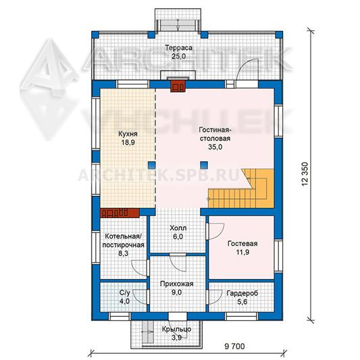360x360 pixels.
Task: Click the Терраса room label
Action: click(x=178, y=48)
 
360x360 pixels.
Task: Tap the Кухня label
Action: click(x=128, y=134)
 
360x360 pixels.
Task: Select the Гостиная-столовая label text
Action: click(x=215, y=134)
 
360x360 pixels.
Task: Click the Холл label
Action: click(x=178, y=228)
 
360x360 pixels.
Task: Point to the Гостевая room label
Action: click(x=242, y=243)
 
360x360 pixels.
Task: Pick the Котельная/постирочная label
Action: click(x=124, y=240)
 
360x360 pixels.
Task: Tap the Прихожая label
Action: click(x=176, y=284)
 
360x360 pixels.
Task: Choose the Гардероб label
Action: click(x=242, y=293)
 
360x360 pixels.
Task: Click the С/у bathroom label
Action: click(x=125, y=292)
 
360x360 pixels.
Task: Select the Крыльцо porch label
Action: click(x=176, y=329)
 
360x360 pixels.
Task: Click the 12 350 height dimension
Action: click(x=305, y=174)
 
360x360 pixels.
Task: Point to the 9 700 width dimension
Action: click(x=234, y=346)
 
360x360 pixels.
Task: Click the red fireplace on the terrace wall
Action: click(x=178, y=86)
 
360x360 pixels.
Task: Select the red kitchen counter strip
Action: click(x=120, y=213)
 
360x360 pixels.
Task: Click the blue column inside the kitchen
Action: click(x=152, y=165)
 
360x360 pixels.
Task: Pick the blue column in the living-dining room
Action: click(x=204, y=165)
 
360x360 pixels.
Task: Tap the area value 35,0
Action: click(x=215, y=147)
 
